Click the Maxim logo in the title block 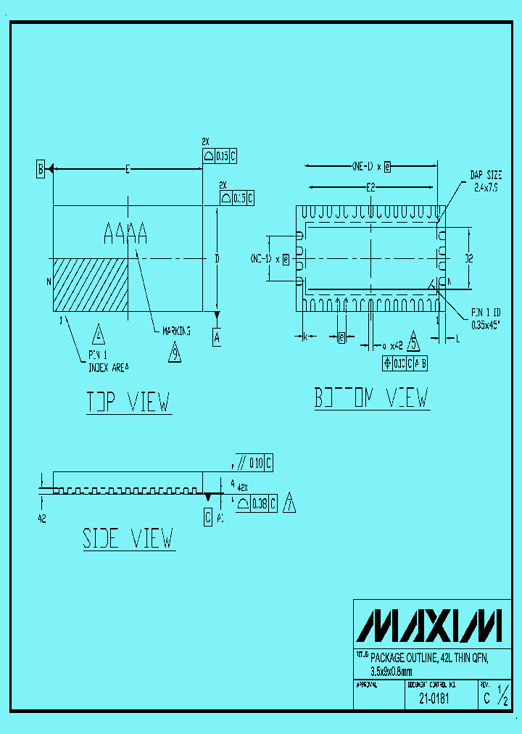point(432,625)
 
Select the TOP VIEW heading point(128,402)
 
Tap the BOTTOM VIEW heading point(371,398)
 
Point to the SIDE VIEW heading point(128,538)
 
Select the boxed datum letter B point(41,170)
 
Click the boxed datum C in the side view point(208,517)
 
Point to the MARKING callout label point(176,331)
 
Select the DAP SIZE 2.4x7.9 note point(486,181)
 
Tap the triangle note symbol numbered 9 point(175,353)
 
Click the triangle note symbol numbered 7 point(289,503)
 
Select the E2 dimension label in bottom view point(370,187)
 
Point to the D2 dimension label point(469,257)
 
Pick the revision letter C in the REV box point(486,699)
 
